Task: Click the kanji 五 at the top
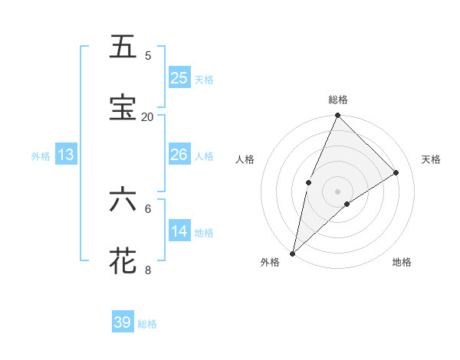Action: click(123, 47)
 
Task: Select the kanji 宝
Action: click(123, 108)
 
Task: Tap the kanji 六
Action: click(123, 200)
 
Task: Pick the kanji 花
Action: click(123, 260)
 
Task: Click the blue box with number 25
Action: click(179, 78)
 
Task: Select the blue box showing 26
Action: click(179, 155)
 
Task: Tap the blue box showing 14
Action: click(179, 231)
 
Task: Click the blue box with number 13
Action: click(66, 155)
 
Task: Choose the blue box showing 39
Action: click(123, 322)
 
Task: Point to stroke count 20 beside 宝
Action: click(147, 116)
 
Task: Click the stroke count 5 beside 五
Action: click(148, 56)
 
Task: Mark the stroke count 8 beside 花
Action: click(148, 270)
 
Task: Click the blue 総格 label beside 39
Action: click(148, 324)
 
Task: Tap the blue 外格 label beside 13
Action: click(41, 156)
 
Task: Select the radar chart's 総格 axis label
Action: click(338, 100)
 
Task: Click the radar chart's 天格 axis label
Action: click(431, 159)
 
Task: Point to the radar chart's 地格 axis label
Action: click(402, 262)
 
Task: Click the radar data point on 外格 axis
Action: click(293, 253)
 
